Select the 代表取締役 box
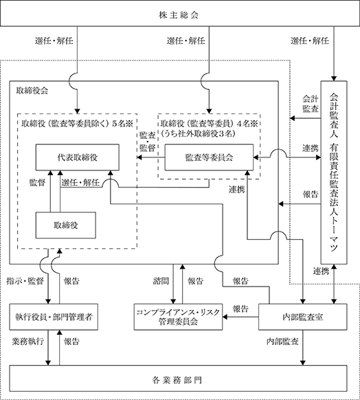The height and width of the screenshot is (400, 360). click(x=77, y=157)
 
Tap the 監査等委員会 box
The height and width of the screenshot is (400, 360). click(x=209, y=157)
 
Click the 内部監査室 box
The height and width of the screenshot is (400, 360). click(x=303, y=317)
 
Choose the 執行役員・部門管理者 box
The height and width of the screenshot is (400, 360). click(x=54, y=317)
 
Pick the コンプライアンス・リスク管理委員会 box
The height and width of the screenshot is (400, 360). click(x=178, y=317)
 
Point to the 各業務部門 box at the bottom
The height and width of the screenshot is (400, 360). click(x=178, y=378)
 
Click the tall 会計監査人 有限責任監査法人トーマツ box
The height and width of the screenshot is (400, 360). click(x=334, y=173)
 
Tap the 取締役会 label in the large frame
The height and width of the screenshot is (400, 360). click(x=32, y=91)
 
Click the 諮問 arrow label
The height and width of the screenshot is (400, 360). click(x=161, y=281)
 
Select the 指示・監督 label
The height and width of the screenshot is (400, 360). click(x=25, y=281)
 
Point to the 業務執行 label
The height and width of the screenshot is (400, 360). click(x=27, y=342)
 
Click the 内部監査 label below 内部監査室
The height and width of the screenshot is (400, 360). click(x=282, y=342)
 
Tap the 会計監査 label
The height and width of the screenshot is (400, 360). click(x=311, y=104)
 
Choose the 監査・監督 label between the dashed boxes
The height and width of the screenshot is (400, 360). click(x=147, y=142)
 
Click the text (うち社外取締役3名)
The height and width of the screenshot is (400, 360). click(x=198, y=133)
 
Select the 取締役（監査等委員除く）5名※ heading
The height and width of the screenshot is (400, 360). click(x=77, y=124)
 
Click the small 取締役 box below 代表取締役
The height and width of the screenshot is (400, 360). click(x=66, y=225)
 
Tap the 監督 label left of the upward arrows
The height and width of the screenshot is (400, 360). click(x=37, y=183)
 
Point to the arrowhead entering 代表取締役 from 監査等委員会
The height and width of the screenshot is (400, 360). click(x=139, y=157)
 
